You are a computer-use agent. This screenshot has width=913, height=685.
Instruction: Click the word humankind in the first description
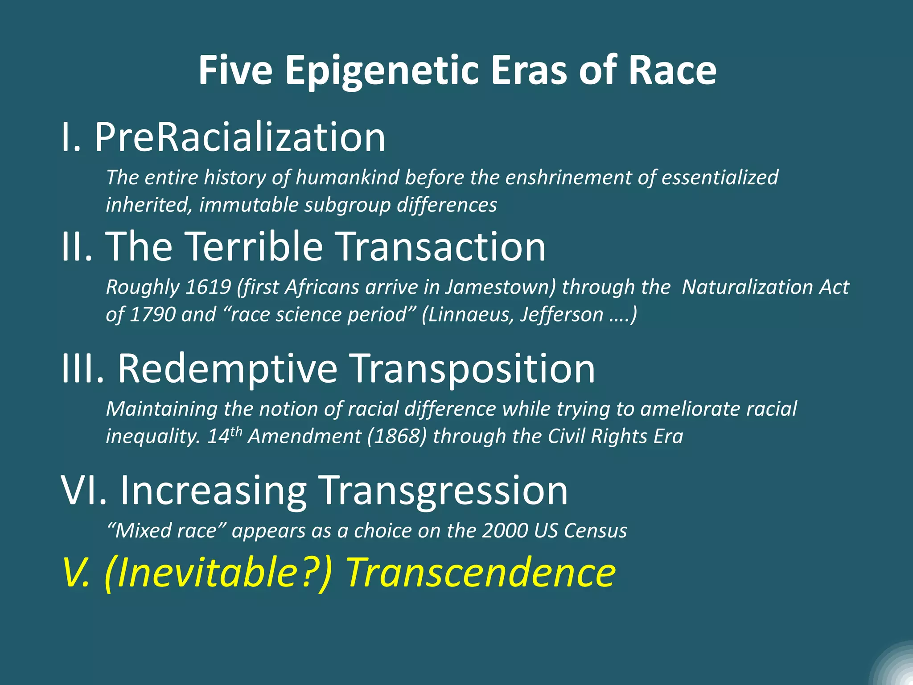click(x=347, y=177)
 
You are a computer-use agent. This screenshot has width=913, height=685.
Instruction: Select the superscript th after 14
click(x=236, y=431)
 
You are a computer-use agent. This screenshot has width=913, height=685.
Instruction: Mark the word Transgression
click(x=444, y=491)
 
